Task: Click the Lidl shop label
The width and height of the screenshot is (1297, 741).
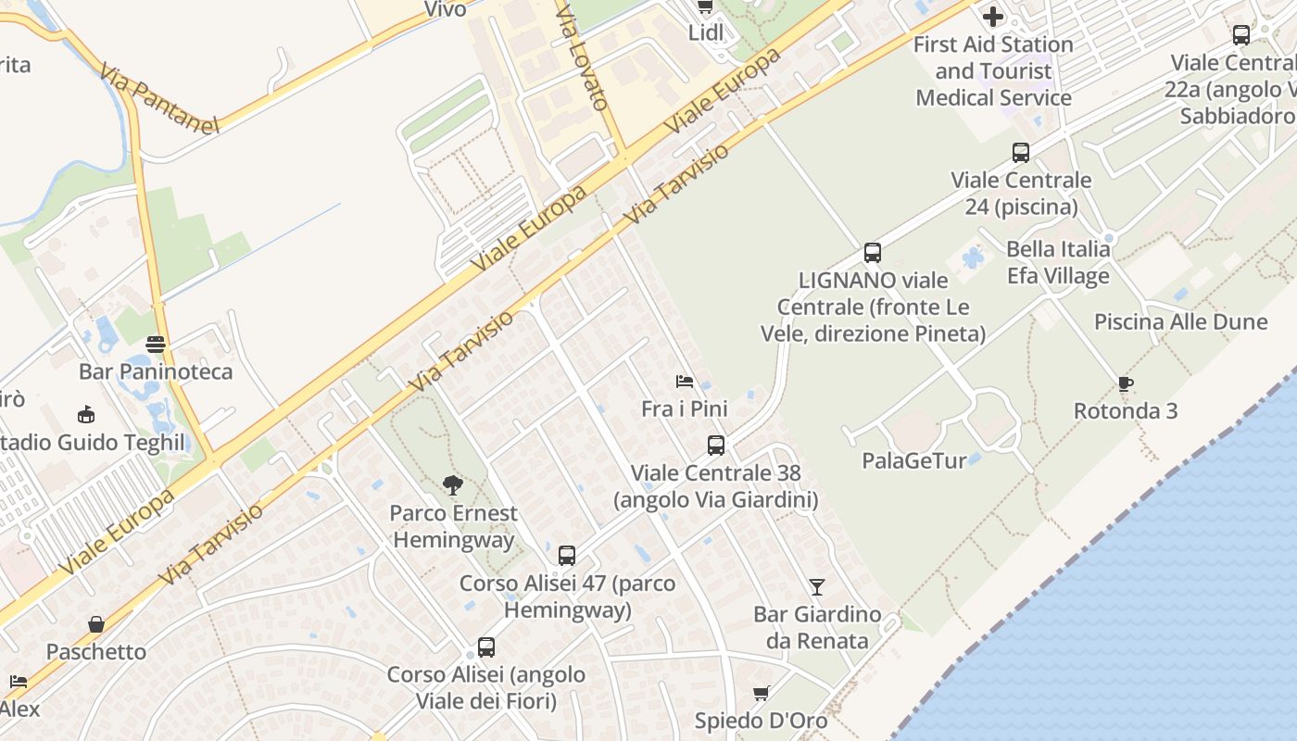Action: pyautogui.click(x=705, y=33)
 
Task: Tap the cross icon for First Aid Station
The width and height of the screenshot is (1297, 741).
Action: pyautogui.click(x=993, y=17)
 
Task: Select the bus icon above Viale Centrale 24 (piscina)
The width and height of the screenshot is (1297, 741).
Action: pyautogui.click(x=1021, y=153)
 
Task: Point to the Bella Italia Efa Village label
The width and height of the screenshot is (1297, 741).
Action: pyautogui.click(x=1058, y=262)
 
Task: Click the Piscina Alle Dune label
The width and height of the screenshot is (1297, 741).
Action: pyautogui.click(x=1180, y=322)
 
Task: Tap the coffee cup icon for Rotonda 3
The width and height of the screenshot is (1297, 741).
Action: pyautogui.click(x=1126, y=383)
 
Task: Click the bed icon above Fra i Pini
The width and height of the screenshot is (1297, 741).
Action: pyautogui.click(x=685, y=381)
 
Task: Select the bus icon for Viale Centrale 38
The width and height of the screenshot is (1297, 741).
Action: pyautogui.click(x=716, y=446)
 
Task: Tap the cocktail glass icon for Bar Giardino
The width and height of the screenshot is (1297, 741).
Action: pyautogui.click(x=816, y=586)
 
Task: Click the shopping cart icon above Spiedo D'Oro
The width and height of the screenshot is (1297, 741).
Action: pyautogui.click(x=762, y=693)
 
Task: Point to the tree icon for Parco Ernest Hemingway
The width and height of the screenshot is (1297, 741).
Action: pyautogui.click(x=453, y=484)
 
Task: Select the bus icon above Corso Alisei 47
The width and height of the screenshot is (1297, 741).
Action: pyautogui.click(x=567, y=556)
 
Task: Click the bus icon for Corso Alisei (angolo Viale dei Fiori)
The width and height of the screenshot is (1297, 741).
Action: pyautogui.click(x=486, y=647)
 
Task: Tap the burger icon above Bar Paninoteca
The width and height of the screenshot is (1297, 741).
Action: pyautogui.click(x=156, y=345)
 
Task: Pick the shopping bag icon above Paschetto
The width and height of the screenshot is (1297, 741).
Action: pyautogui.click(x=96, y=624)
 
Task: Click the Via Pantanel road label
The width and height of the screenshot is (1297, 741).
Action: pyautogui.click(x=157, y=98)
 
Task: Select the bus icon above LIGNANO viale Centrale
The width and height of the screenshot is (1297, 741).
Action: pyautogui.click(x=873, y=252)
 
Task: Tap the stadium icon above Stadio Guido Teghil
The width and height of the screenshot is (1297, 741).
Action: pyautogui.click(x=86, y=414)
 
